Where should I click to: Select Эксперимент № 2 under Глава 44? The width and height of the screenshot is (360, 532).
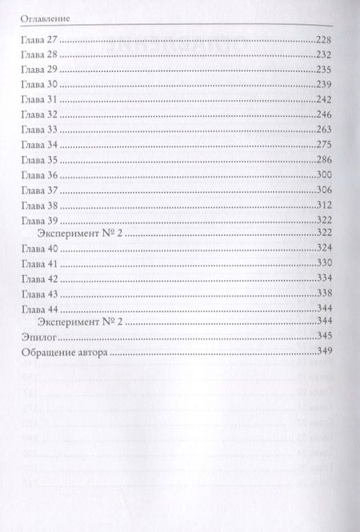point(85,324)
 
